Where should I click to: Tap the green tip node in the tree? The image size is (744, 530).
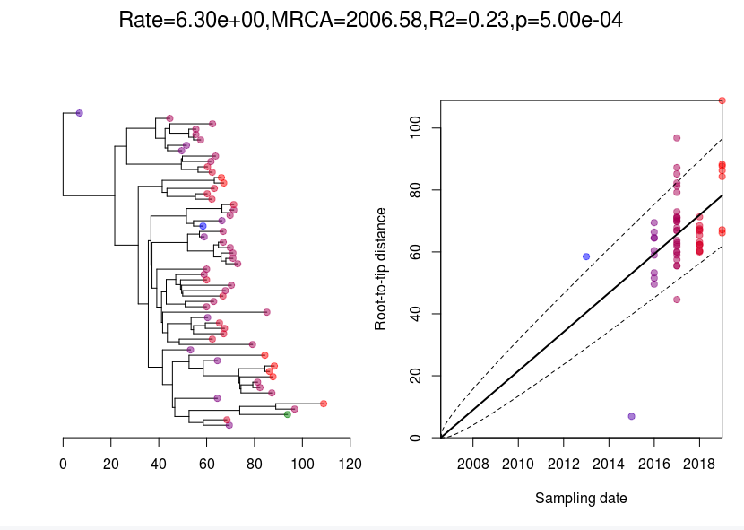(288, 414)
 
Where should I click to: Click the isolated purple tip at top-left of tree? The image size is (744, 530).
(80, 113)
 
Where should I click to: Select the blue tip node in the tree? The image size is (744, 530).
(203, 226)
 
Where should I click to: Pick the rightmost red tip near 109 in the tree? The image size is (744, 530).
(324, 404)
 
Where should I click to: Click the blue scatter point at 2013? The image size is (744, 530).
(586, 256)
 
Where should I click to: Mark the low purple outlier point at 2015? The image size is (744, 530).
(632, 416)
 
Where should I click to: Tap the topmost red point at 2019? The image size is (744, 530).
(722, 100)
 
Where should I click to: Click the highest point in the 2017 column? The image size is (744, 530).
(677, 138)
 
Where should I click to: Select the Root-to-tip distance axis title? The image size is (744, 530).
(381, 269)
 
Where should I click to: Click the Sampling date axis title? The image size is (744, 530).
(581, 498)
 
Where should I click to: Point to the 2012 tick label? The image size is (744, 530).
(563, 465)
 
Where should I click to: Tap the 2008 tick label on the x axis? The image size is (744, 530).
(472, 465)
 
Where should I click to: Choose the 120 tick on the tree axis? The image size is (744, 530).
(350, 465)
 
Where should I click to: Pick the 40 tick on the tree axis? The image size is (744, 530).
(159, 465)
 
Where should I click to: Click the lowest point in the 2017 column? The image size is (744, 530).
(677, 300)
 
